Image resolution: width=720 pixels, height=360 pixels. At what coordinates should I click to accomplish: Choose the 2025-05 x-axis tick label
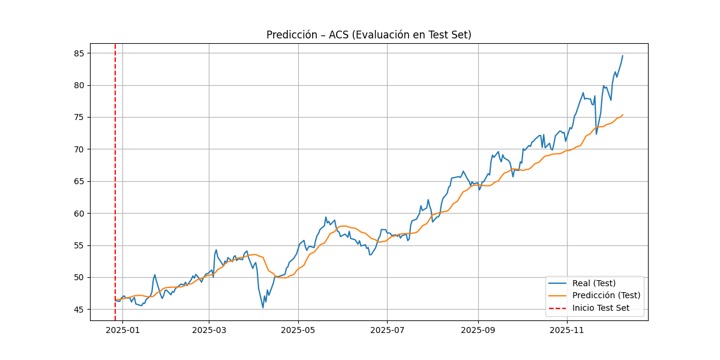click(x=298, y=329)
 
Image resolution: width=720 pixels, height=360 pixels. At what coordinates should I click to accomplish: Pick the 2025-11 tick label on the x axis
click(x=567, y=329)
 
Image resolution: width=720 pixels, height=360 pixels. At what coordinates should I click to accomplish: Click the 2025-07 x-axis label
click(x=387, y=329)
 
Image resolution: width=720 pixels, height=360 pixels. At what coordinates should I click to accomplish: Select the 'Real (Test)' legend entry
click(x=594, y=283)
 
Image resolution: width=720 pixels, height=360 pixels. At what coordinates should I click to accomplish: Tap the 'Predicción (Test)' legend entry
click(x=606, y=295)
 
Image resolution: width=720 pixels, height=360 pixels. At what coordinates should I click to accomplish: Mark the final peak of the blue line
click(x=622, y=56)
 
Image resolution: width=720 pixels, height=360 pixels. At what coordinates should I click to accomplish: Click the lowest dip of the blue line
click(x=263, y=308)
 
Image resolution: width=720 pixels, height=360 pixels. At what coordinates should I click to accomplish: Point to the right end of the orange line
click(x=622, y=115)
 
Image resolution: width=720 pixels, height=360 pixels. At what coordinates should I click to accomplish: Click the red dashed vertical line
click(x=115, y=180)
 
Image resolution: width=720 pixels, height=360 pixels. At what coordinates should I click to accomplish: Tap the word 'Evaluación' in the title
click(x=382, y=35)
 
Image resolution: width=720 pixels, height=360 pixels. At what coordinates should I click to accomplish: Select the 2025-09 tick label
click(x=478, y=329)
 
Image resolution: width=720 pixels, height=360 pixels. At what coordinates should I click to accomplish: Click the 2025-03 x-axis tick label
click(x=209, y=329)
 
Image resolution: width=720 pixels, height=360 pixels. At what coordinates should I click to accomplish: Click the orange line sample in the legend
click(x=559, y=295)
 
